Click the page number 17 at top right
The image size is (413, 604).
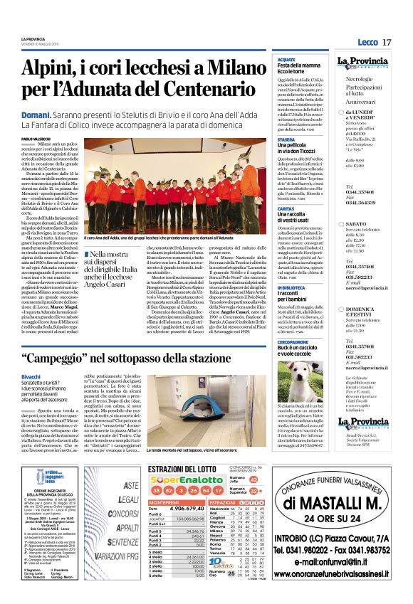(x=387, y=43)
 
